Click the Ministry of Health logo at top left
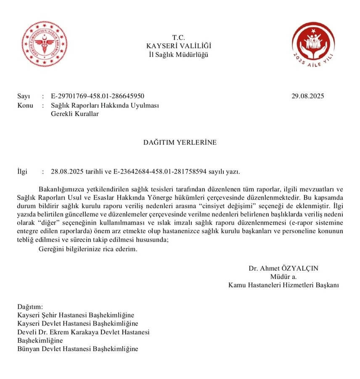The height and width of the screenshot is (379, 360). pos(45,44)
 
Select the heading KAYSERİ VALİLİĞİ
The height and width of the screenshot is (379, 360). pos(179,45)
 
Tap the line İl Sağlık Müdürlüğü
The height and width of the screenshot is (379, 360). pos(179,54)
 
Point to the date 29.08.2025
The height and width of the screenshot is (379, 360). pos(307,96)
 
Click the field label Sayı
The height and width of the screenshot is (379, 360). pos(24,96)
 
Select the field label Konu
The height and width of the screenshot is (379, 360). pos(25,105)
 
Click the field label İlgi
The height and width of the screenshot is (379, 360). pos(22,172)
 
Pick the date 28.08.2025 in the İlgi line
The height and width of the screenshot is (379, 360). pos(67,172)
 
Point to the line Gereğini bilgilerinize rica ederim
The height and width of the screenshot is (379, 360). pos(87,249)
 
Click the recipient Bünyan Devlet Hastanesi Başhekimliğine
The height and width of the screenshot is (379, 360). pos(78,349)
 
